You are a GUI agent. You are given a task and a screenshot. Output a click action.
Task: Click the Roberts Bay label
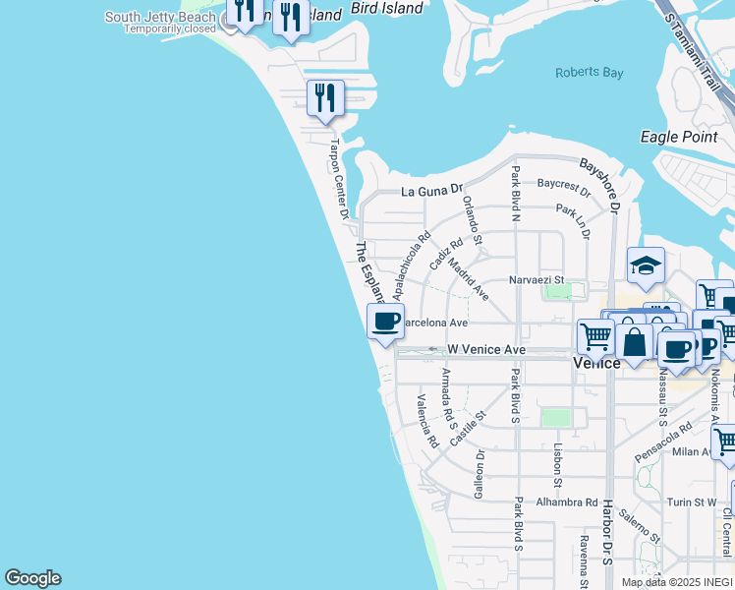coord(583,73)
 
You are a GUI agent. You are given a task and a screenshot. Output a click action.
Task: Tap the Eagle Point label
coord(678,137)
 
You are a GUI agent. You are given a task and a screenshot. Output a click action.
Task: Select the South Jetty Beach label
coord(159,17)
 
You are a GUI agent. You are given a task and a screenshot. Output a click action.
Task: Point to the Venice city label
coord(596,363)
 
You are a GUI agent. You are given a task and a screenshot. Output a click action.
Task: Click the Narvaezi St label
coord(536,280)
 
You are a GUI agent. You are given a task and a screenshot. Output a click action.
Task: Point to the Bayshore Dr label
coord(600,184)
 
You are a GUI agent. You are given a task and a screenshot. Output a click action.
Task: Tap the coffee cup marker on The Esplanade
coord(385,320)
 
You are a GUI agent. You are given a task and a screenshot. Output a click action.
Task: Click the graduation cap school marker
coord(646,265)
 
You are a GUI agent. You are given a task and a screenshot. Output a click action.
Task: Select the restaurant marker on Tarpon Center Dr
coord(325,97)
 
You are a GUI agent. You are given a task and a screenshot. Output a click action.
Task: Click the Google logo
coord(32,578)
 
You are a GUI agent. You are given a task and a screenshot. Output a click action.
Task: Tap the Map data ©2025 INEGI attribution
coord(677,582)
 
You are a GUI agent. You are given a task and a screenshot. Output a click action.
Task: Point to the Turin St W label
coord(692,501)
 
